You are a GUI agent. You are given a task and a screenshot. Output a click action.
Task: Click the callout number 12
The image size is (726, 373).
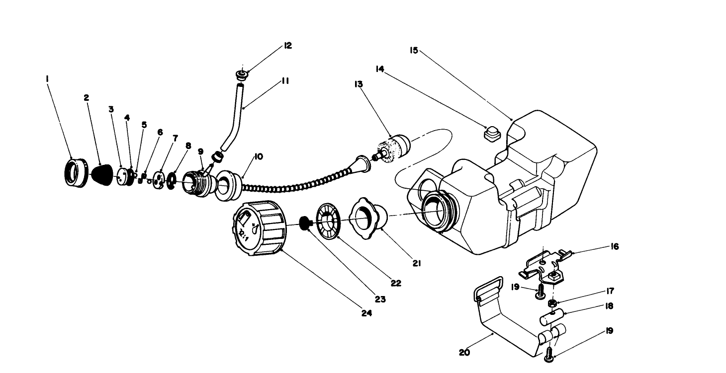point(287,45)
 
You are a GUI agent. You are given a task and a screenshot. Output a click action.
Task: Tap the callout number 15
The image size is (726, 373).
point(413,51)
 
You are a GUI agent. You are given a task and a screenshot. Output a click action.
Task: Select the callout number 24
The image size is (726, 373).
point(367,313)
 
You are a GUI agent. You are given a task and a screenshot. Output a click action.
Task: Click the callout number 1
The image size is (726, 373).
point(47,78)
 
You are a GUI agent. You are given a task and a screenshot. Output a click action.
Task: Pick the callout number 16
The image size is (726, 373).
point(615,246)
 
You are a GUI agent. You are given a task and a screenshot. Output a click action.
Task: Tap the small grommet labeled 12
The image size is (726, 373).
point(242,75)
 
